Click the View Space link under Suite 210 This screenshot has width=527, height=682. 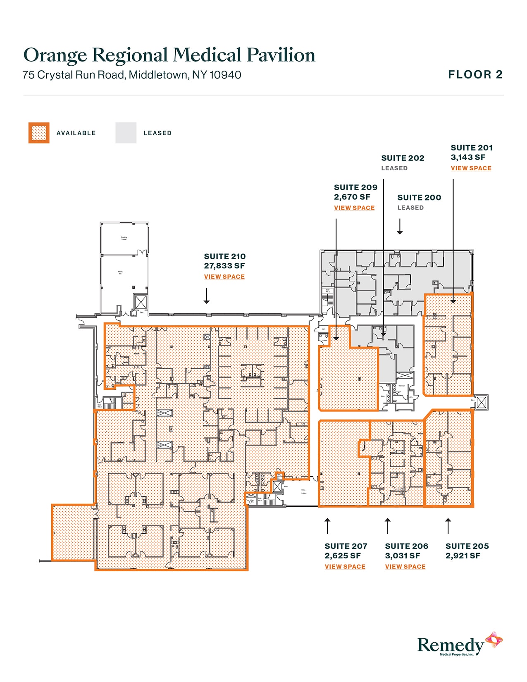click(224, 277)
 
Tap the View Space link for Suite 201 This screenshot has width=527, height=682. click(471, 168)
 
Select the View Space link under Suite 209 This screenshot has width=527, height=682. click(354, 207)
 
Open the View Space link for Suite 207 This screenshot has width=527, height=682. click(345, 566)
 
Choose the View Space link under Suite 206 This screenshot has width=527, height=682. click(405, 566)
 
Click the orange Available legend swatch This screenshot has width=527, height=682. click(39, 133)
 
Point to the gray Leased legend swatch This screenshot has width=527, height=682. click(126, 133)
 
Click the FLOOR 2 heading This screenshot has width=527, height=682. click(475, 74)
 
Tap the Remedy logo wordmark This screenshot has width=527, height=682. click(451, 645)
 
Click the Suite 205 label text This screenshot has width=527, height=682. click(467, 546)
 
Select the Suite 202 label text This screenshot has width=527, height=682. click(403, 158)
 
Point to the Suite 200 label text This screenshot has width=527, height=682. click(419, 198)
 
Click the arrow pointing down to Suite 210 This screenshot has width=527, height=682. click(207, 296)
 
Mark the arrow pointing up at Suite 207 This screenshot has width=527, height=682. click(327, 525)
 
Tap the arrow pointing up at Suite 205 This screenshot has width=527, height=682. click(448, 525)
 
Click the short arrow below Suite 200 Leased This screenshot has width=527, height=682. click(400, 227)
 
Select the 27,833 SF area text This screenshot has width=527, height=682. click(224, 266)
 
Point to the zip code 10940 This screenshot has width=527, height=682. click(225, 75)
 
